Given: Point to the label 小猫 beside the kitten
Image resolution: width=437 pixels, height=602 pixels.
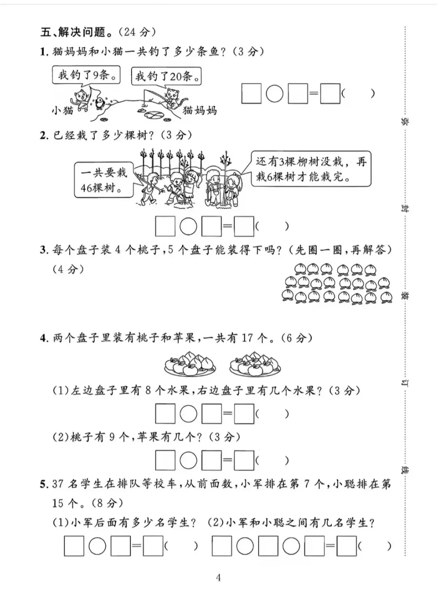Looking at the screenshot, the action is coord(62,110).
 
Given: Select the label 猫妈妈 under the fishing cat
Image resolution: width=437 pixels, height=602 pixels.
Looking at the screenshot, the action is coord(200,110).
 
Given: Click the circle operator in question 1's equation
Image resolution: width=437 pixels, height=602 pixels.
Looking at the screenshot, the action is coord(274,94).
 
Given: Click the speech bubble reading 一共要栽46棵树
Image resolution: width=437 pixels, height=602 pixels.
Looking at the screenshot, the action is coord(104,180).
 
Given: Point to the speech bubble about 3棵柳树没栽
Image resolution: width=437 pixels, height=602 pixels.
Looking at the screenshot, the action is coord(311,169).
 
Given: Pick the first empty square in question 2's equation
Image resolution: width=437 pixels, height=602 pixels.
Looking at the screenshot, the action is coord(165,226).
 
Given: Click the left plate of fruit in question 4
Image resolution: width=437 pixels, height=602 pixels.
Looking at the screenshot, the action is coord(190,363).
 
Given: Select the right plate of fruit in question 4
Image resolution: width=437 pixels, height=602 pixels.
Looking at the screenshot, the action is coord(255,362).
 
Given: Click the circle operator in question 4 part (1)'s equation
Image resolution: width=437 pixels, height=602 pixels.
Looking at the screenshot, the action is coord(188,414).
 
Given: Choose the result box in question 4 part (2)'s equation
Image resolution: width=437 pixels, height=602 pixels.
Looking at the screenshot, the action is coord(244,460).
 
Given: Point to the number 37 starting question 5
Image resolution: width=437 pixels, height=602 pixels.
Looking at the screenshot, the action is coord(57,484).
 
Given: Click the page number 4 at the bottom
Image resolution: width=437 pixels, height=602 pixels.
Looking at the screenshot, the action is coord(218,578).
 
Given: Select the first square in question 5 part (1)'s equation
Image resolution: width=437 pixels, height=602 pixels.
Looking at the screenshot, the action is coord(74,546).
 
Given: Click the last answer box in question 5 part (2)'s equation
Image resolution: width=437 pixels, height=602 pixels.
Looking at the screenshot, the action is coord(346,546).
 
